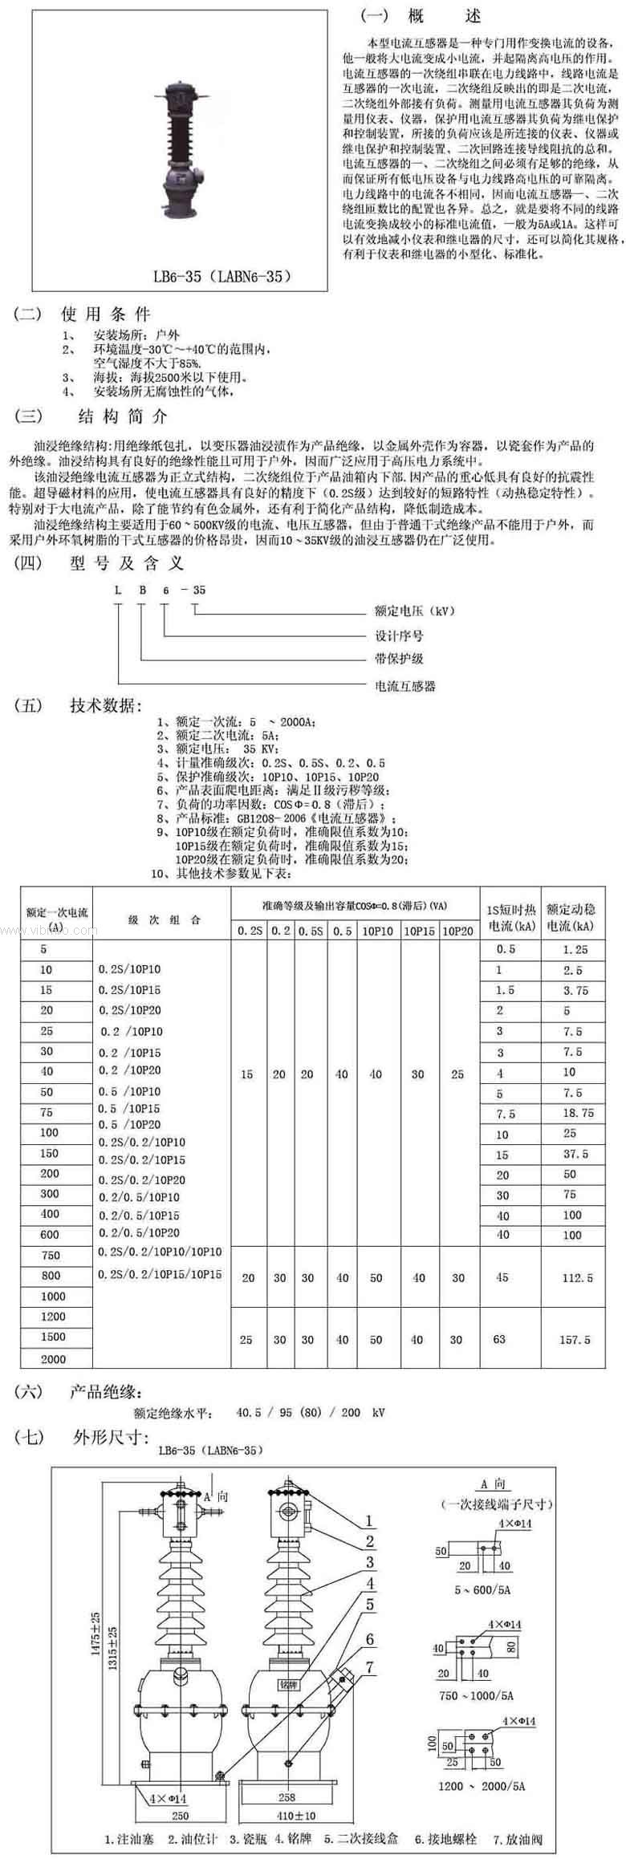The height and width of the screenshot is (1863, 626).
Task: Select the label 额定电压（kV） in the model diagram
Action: (x=416, y=611)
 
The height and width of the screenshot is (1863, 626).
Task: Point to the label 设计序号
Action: (x=400, y=635)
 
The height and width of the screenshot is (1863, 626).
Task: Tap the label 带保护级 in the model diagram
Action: (x=400, y=660)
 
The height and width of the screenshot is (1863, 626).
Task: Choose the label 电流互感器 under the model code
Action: (x=406, y=686)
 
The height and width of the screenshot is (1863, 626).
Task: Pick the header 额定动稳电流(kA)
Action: (x=571, y=918)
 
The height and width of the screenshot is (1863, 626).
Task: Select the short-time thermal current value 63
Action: (x=500, y=1339)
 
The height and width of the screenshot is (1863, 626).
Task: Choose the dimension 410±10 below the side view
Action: (x=297, y=1788)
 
